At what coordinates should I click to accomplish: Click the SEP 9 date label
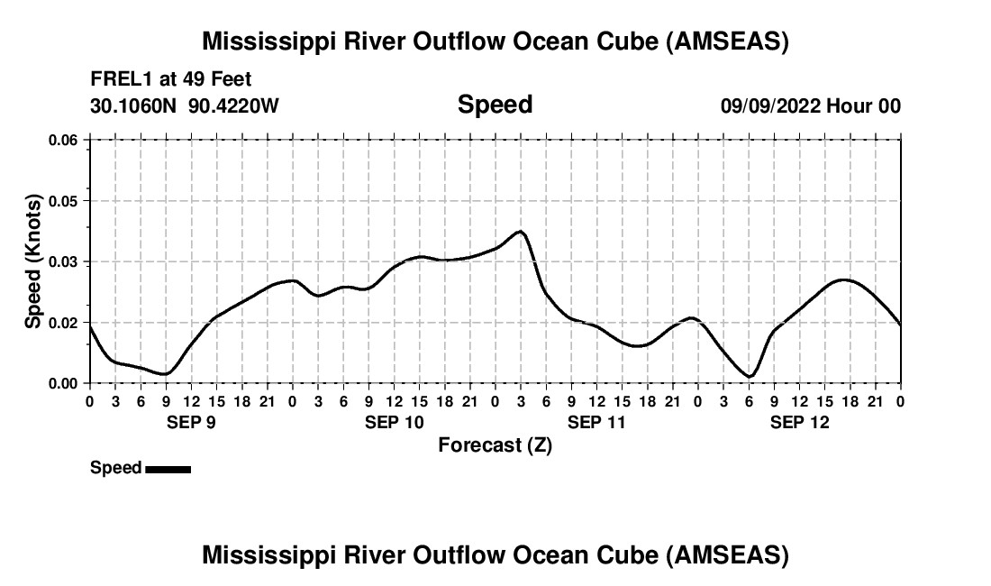(191, 422)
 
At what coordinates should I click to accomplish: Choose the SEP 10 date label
(395, 422)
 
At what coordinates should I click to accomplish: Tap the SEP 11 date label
(596, 422)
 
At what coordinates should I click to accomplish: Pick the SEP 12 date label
(799, 422)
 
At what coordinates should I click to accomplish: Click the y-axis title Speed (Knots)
(32, 261)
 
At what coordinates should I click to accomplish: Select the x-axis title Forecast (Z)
(495, 444)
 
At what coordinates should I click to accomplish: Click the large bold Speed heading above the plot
(495, 105)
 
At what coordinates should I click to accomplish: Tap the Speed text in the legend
(115, 468)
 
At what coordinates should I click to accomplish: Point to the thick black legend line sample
(168, 469)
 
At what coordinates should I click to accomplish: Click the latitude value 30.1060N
(135, 105)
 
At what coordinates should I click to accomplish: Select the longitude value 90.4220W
(233, 105)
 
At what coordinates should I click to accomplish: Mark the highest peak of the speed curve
(520, 232)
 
